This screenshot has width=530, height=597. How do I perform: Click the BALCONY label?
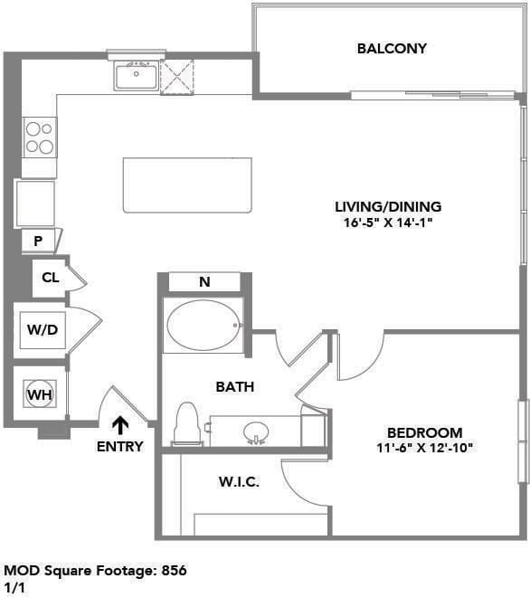point(391,48)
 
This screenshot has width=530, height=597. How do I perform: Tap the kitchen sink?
point(137,76)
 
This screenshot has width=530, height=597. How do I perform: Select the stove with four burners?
point(39,137)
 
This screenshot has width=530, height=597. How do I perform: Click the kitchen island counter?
point(187,185)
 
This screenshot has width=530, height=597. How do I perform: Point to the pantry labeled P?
point(39,242)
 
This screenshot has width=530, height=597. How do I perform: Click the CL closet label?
point(51,278)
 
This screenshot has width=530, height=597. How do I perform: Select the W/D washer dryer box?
point(42,329)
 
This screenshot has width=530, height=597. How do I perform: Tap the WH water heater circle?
point(38,394)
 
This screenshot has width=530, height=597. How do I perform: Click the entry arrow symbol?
point(119,423)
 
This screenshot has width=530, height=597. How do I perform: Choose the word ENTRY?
point(119,446)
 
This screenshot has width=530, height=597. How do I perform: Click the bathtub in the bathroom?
point(203,325)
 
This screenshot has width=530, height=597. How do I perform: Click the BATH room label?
point(234,386)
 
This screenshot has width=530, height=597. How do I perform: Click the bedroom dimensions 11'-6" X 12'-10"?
point(424,447)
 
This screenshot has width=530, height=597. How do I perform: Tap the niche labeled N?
point(204,282)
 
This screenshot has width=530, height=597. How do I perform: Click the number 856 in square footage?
point(174,571)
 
